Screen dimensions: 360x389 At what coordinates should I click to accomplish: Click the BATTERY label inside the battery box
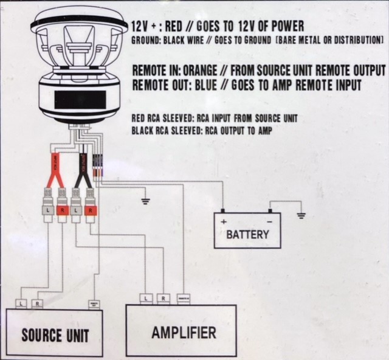(247, 234)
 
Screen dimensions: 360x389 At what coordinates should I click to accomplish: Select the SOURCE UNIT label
(55, 334)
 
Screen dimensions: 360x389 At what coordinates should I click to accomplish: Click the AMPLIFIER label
(184, 332)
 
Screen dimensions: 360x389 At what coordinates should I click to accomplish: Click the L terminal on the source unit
(21, 302)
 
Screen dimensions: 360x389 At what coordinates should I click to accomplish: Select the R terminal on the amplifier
(163, 298)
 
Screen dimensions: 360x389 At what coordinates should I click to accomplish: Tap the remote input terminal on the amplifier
(184, 298)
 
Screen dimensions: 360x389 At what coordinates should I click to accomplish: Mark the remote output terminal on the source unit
(94, 302)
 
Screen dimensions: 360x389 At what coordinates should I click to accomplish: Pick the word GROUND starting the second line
(145, 40)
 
